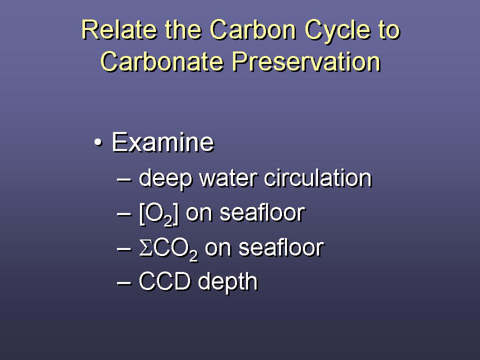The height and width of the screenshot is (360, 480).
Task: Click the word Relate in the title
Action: coord(119,29)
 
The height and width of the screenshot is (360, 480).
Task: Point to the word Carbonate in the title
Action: coord(161,61)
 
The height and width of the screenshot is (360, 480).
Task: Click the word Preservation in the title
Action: coord(306,61)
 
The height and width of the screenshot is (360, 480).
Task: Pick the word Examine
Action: coord(162,142)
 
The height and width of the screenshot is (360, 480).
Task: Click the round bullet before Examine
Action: coord(97,142)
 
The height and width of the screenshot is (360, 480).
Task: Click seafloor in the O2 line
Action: coord(262,212)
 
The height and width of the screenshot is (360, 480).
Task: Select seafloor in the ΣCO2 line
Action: coord(281,247)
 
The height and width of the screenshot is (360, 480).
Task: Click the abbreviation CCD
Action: coord(164,281)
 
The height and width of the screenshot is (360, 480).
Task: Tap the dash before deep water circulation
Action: coord(124,179)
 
